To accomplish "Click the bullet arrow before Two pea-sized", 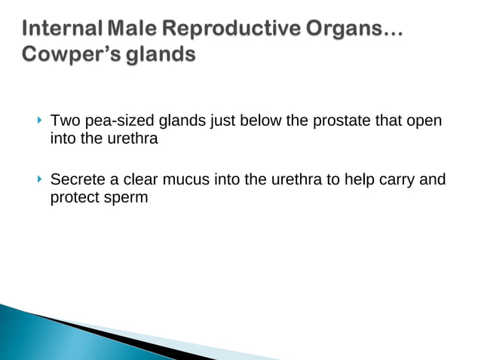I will pyautogui.click(x=38, y=121).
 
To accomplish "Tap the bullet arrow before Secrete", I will pyautogui.click(x=38, y=179).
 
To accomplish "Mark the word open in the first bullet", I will pyautogui.click(x=424, y=121).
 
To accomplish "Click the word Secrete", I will pyautogui.click(x=75, y=180).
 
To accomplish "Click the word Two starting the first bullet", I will pyautogui.click(x=63, y=121).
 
